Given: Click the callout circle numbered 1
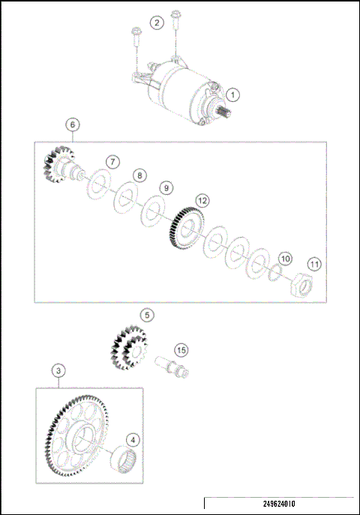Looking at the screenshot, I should (233, 95).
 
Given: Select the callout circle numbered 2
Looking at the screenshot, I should (156, 22).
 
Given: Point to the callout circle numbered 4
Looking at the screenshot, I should (131, 440).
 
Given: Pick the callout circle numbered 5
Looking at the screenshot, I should (148, 316).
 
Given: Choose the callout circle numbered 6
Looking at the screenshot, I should (72, 124).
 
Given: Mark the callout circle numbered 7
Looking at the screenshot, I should (111, 162).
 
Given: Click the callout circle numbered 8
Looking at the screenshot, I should (139, 175).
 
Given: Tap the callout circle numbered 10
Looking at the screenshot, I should (284, 258).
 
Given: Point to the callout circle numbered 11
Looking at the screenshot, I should (314, 264).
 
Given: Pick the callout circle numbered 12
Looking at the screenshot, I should (202, 200).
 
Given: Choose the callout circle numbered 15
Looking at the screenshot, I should (180, 349).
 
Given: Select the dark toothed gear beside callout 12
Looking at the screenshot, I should (182, 228).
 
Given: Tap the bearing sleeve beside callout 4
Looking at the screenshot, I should (124, 458).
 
